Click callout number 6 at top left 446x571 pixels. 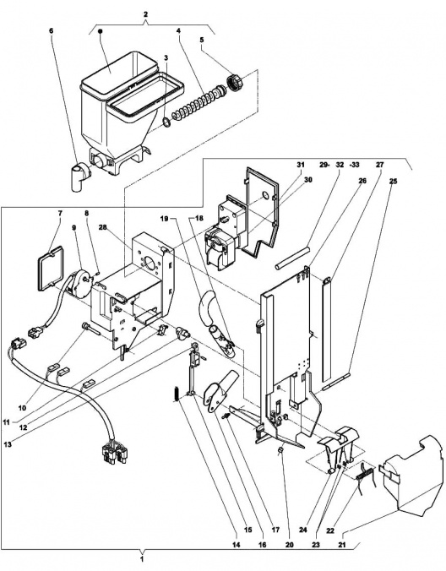51,30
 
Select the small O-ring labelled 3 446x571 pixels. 166,122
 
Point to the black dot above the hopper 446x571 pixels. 101,31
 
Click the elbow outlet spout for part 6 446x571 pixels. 79,177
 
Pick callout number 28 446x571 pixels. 102,227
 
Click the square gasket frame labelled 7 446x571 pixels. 51,269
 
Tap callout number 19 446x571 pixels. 164,219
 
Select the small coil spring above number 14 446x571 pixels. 175,394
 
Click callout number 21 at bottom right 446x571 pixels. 341,545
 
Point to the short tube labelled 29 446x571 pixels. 292,258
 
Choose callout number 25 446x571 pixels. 393,181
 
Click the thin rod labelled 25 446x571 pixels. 335,382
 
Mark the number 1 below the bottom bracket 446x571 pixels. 143,559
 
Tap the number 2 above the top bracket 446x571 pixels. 145,14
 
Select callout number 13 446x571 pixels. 8,444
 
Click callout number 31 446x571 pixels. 300,165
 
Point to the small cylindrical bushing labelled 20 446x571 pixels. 280,452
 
